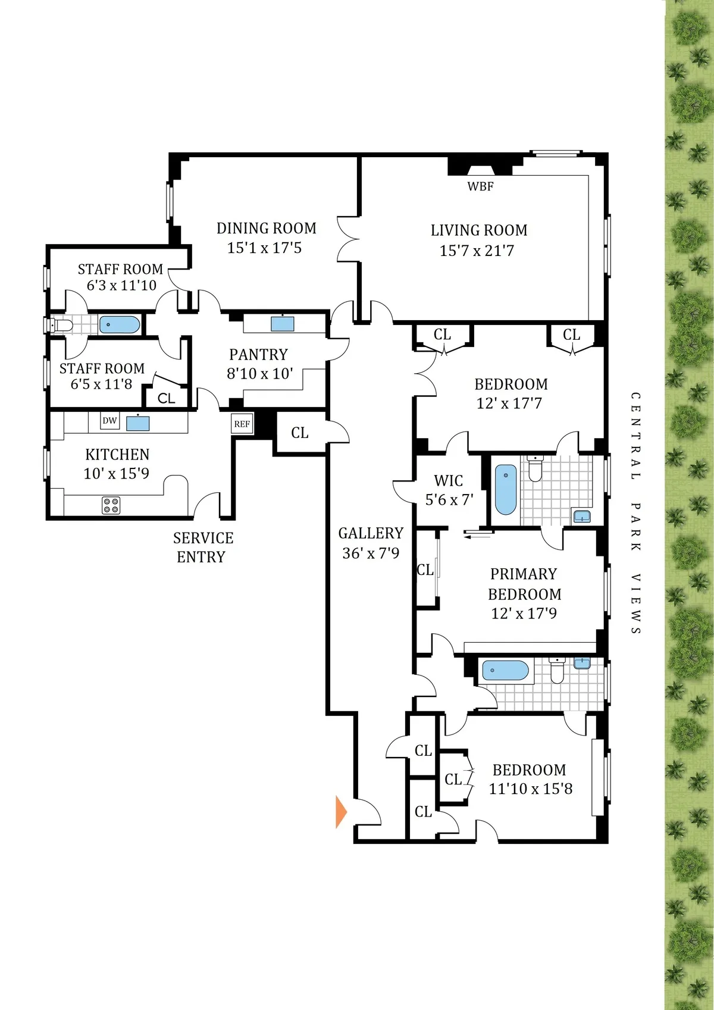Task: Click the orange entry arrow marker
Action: coord(341,812)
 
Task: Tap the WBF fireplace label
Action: coord(480,186)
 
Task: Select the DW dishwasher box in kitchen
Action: coord(109,421)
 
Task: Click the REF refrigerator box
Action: coord(242,424)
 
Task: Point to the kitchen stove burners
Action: coord(111,505)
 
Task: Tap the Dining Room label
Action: coord(266,229)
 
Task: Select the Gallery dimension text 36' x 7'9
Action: coord(370,554)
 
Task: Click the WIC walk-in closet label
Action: coord(448,481)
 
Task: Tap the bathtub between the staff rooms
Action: coord(120,325)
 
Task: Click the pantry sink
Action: coord(283,323)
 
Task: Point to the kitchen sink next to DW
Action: coord(137,423)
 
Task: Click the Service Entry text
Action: coord(202,548)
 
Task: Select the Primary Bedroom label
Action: coord(524,584)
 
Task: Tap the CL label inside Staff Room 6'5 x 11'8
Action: coord(167,398)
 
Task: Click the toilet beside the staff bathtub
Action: coord(61,325)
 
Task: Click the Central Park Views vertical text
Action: coord(635,513)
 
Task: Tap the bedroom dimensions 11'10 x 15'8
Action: coord(530,789)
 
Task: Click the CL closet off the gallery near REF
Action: coord(299,433)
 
